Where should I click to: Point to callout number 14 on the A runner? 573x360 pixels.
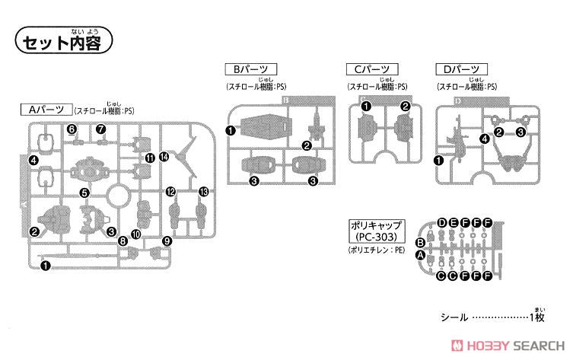(x=164, y=157)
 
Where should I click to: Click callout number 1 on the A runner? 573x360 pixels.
(x=45, y=266)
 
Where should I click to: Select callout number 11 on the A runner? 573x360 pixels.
(x=149, y=158)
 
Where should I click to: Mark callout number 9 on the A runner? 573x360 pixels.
(x=167, y=242)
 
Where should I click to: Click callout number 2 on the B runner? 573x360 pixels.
(x=306, y=145)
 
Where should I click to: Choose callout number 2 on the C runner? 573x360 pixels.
(x=406, y=106)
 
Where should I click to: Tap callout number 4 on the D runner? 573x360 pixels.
(x=484, y=139)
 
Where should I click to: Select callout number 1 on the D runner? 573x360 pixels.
(x=438, y=160)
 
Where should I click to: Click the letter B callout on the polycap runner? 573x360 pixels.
(x=419, y=243)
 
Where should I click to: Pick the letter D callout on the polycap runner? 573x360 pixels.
(x=441, y=222)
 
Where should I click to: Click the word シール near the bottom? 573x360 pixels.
(x=452, y=316)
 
